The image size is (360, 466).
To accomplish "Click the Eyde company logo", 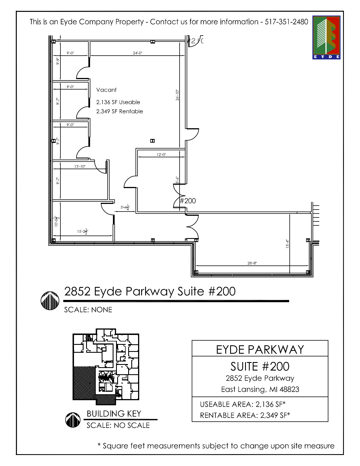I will pos(326,37).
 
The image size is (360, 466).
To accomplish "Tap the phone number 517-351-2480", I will pos(286,22).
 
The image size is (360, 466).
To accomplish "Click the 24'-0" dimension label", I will pos(138,53).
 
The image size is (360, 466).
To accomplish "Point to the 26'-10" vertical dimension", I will pos(177,95).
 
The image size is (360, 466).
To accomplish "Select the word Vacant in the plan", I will pos(106,90).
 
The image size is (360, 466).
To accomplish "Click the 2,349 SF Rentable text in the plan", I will pos(119,111).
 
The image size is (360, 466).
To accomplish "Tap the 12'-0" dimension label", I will pos(161,154).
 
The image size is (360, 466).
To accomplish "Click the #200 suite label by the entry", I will pos(188,201).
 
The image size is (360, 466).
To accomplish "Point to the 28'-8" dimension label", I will pos(252,263).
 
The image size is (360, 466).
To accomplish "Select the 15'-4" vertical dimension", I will pos(287,244).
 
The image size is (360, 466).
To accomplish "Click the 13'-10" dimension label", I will pos(80,166).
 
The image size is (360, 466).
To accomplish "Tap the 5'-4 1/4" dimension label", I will pos(125,207).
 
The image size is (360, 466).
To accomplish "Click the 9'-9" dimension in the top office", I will pos(58,61).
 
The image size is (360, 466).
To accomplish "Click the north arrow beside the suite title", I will pos(50,300).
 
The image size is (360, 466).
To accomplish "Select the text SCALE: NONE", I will pos(88,310).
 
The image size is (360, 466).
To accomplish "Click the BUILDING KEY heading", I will pos(114,414).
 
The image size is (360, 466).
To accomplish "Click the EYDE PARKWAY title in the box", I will pos(260,350).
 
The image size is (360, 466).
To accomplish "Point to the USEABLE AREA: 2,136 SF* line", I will pos(243,404).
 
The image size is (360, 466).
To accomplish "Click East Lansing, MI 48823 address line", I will pos(260,389).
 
